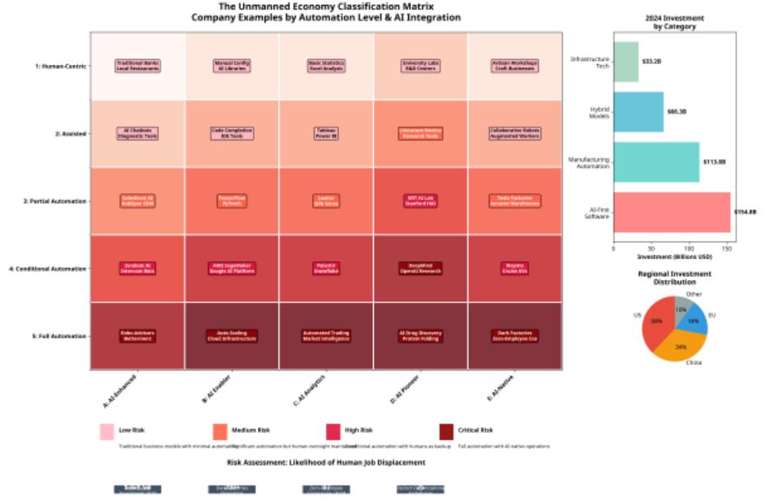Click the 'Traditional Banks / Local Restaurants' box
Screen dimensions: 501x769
(137, 67)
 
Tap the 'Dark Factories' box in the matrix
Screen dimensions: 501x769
(513, 335)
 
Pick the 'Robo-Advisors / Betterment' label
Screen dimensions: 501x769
(137, 335)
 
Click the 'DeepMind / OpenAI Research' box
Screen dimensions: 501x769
(421, 268)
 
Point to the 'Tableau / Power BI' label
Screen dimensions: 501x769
(326, 133)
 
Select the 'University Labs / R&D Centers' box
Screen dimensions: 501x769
(421, 67)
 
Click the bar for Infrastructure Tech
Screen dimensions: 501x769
(626, 62)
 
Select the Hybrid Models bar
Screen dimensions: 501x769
(638, 112)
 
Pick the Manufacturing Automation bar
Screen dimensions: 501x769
(656, 162)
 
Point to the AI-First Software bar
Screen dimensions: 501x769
(672, 213)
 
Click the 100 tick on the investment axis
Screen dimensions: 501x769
(689, 246)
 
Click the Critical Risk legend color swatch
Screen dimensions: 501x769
(446, 431)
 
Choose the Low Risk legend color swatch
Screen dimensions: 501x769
(107, 431)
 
